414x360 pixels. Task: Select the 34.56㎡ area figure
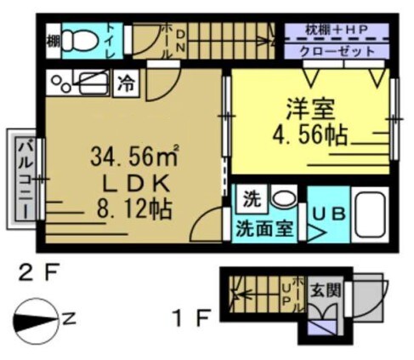[x=133, y=156]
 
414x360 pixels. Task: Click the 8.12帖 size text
[x=134, y=209]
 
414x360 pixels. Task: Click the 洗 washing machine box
[x=251, y=202]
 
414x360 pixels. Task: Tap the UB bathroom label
[x=327, y=214]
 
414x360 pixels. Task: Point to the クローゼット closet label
[x=338, y=52]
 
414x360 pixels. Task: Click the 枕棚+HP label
[x=338, y=31]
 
